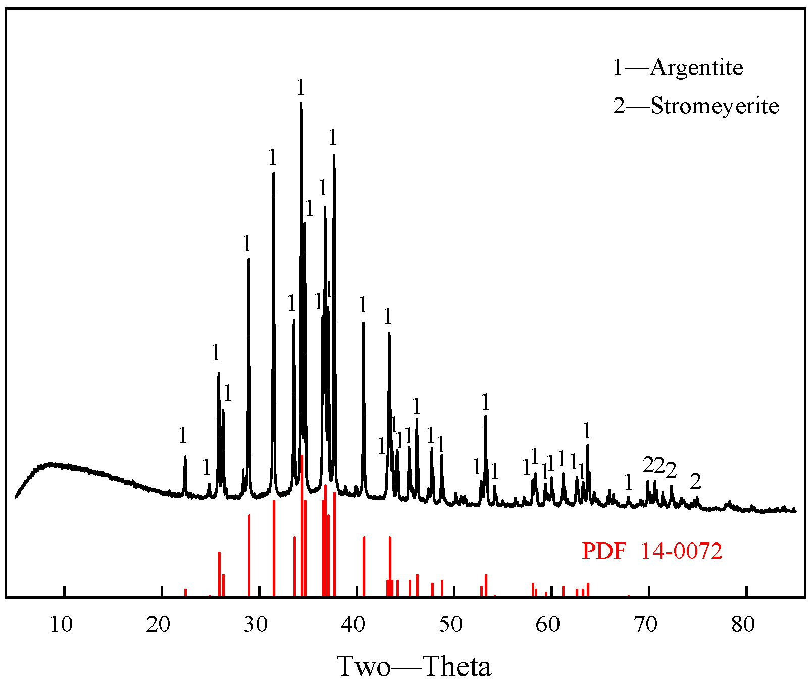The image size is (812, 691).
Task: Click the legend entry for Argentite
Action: click(678, 67)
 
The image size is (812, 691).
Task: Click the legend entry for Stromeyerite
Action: click(696, 106)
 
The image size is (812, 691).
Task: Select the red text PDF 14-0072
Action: click(652, 551)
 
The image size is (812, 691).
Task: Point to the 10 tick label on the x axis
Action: click(61, 625)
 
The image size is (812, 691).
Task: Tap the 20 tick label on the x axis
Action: click(158, 625)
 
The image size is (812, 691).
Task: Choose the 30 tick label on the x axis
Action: click(256, 625)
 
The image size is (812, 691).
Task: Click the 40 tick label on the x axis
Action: click(353, 625)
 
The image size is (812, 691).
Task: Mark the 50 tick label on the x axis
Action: click(450, 625)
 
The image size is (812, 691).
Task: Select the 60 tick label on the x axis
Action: click(548, 625)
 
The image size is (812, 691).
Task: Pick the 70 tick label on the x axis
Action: click(645, 625)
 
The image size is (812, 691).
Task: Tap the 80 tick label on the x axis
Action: click(743, 625)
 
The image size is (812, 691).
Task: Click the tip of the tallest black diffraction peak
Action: click(301, 104)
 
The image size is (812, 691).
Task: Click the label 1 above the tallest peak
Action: click(301, 88)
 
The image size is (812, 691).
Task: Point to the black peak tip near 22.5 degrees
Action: click(185, 457)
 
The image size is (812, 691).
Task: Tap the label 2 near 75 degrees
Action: click(696, 482)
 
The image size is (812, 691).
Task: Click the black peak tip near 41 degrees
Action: click(363, 323)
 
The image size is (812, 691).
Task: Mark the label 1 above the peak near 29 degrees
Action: click(247, 244)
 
